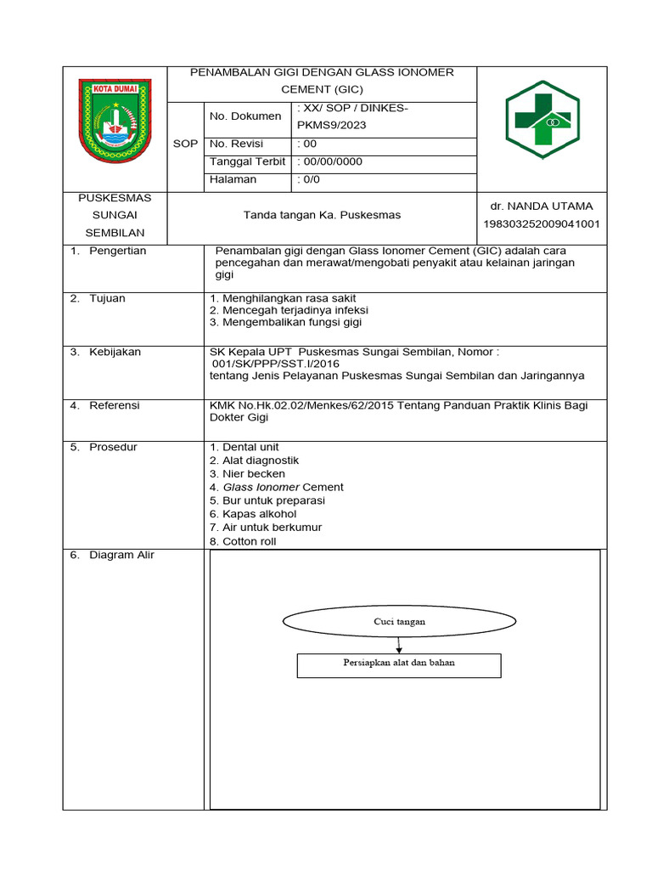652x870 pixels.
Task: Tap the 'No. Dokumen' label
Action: coord(233,116)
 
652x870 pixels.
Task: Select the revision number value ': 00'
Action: coord(307,144)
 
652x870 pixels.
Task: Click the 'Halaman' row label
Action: coord(232,180)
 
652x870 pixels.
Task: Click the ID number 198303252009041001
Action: coord(542,224)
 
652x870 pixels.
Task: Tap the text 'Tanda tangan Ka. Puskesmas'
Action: coord(322,216)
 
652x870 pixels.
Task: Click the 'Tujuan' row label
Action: coord(107,299)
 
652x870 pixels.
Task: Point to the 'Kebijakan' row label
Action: coord(115,352)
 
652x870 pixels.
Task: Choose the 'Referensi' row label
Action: coord(115,406)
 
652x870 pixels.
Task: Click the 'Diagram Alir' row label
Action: coord(121,556)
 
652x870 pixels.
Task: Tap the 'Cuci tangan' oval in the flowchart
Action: coord(399,622)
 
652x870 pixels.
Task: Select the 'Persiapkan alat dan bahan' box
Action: coord(399,664)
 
